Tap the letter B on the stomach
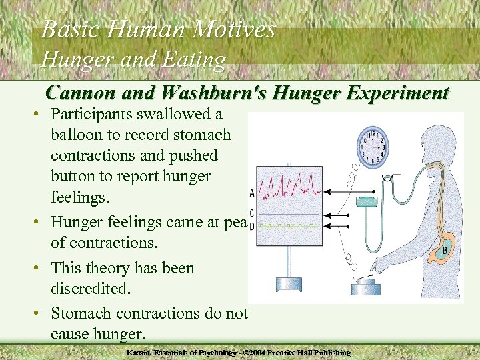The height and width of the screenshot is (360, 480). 445,251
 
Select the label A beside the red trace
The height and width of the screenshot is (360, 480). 251,193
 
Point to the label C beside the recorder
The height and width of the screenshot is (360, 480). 251,213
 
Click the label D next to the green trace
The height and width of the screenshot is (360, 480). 251,227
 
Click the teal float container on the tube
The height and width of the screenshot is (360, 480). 366,201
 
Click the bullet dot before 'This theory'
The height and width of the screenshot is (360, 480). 37,269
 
